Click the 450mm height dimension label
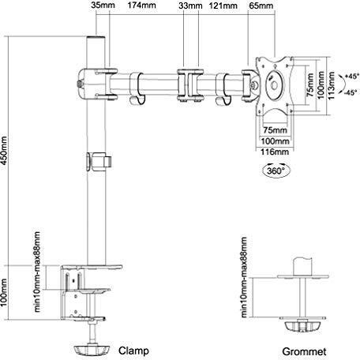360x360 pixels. (x=4, y=150)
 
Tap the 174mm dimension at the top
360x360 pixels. (x=141, y=6)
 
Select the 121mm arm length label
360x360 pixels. (x=223, y=6)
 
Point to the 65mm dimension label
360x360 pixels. (x=261, y=6)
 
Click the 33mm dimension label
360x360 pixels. (x=190, y=6)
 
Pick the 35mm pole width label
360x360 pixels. (x=103, y=6)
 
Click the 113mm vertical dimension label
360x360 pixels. (x=332, y=85)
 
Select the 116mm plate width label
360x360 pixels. (x=275, y=152)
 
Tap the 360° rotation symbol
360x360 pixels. (x=276, y=171)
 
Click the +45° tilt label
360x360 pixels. (x=352, y=77)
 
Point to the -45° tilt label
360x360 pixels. (x=351, y=92)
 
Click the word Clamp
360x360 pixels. (x=133, y=351)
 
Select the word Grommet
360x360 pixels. (x=304, y=351)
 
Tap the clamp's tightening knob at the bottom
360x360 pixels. (x=91, y=351)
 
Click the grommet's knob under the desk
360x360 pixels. (x=302, y=327)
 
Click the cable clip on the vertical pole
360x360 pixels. (x=99, y=161)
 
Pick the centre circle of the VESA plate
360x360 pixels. (x=275, y=85)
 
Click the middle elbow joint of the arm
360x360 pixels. (x=190, y=85)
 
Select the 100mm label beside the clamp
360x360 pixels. (x=3, y=293)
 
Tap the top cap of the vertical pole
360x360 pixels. (x=96, y=39)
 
